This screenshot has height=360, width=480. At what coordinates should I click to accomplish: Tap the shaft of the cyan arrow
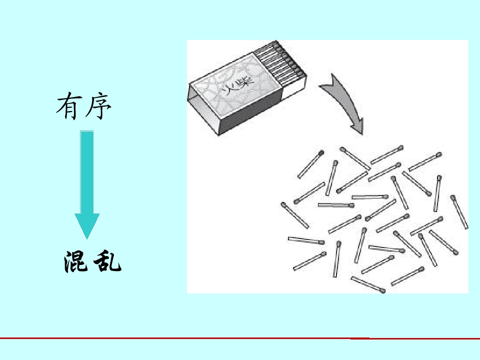(87, 172)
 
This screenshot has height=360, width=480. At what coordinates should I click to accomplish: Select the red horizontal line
(240, 338)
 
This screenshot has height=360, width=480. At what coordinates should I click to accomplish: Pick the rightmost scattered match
(459, 212)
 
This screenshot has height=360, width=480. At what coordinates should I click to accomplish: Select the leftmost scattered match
(295, 215)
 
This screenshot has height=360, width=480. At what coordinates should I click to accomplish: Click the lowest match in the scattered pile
(368, 284)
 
